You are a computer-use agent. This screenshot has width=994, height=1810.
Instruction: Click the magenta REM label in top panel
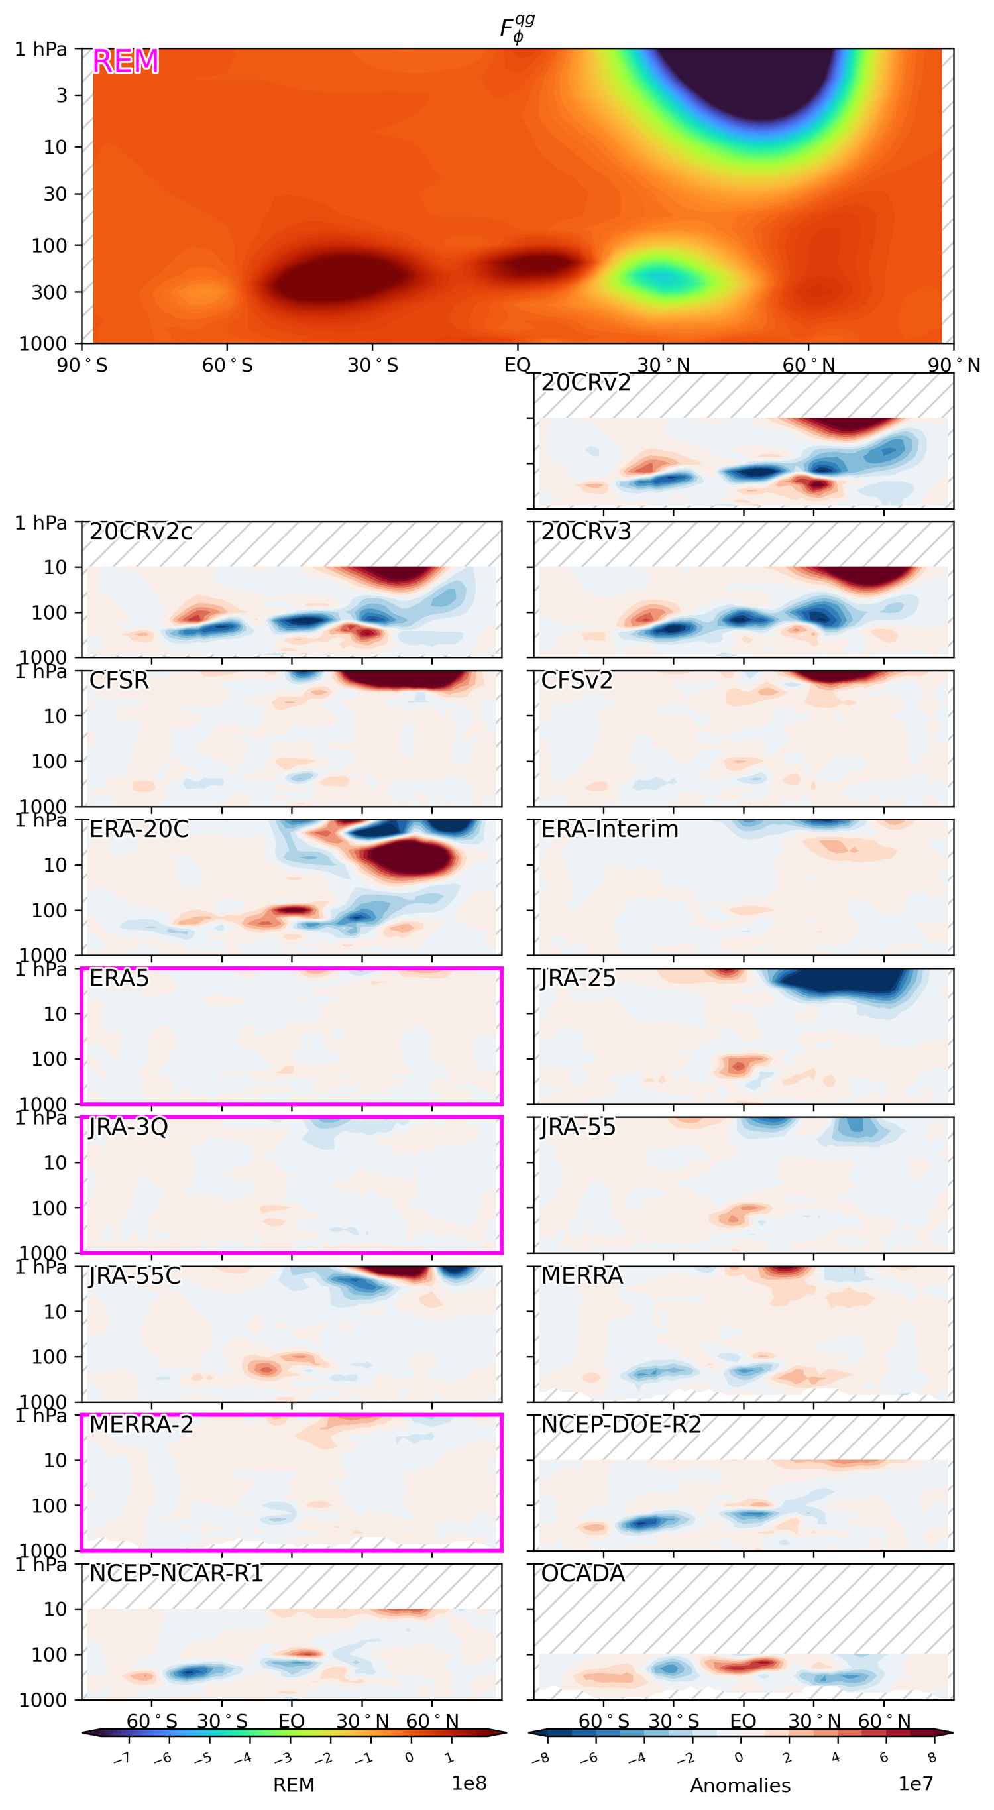[125, 62]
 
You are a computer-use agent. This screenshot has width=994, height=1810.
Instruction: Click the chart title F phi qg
[517, 30]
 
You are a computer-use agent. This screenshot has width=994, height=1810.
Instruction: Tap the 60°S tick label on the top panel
[227, 365]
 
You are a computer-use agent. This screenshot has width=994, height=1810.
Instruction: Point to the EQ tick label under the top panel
[517, 365]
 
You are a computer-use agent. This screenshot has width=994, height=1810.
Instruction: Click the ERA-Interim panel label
[609, 830]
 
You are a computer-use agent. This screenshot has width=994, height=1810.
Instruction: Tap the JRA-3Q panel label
[129, 1128]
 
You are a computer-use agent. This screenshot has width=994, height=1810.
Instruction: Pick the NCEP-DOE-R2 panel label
[621, 1425]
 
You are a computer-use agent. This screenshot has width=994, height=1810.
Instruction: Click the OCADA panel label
[582, 1574]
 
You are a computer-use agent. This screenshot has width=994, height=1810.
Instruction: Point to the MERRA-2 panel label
[140, 1425]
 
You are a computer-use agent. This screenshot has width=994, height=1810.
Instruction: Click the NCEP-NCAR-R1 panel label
[176, 1574]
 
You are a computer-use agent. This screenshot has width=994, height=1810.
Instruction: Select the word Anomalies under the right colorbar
[740, 1785]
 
